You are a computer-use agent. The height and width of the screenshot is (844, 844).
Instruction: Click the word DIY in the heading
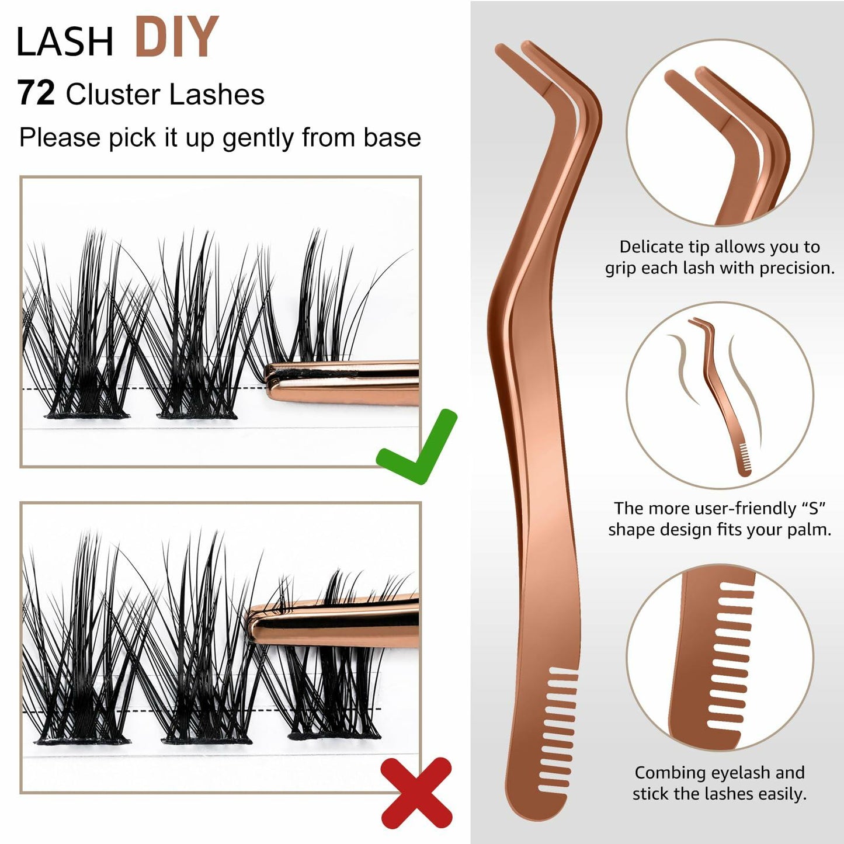pos(177,37)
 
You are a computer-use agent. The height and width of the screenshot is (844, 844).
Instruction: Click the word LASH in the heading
pos(65,42)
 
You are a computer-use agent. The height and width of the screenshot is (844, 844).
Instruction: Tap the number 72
pos(36,93)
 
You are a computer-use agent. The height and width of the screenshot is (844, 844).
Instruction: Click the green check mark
pos(416,447)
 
